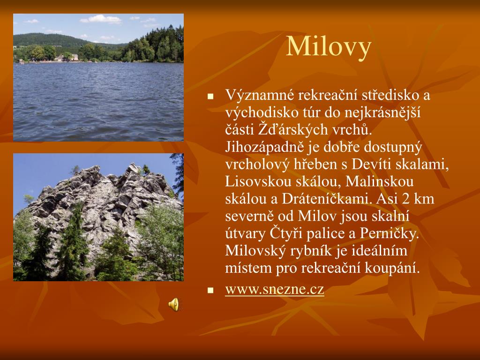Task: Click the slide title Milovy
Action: coord(329,47)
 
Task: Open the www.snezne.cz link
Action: coord(275,289)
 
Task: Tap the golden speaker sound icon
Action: coord(173,304)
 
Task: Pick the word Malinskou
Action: coord(379,181)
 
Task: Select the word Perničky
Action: coord(389,234)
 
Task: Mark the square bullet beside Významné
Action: coord(210,97)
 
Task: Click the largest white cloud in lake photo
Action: coord(101,19)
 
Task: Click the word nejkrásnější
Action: coord(382,112)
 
